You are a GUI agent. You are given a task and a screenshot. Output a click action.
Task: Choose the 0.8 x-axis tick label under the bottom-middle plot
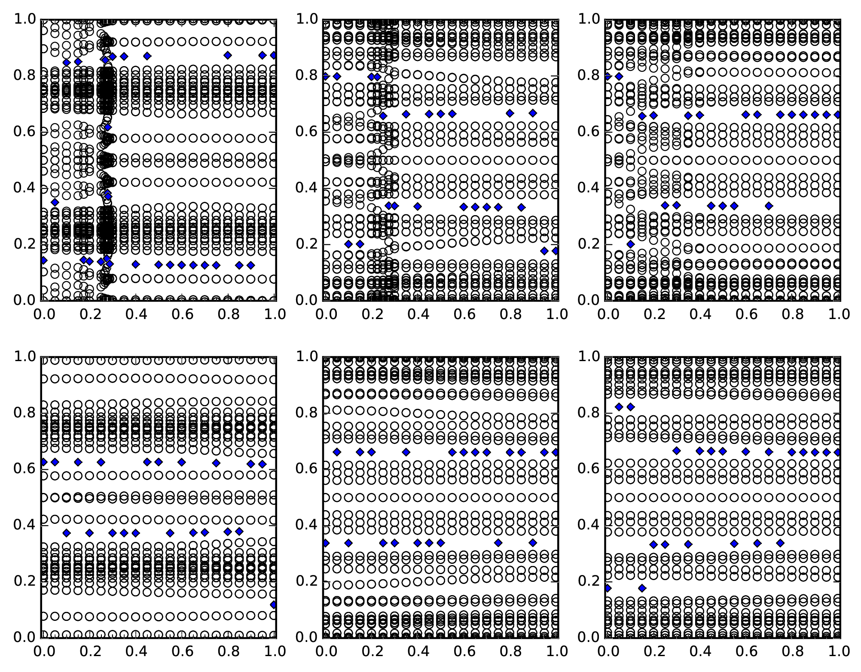[510, 651]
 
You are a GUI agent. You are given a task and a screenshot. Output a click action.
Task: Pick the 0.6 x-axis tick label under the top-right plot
[699, 314]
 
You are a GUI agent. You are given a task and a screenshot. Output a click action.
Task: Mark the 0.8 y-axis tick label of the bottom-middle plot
[306, 413]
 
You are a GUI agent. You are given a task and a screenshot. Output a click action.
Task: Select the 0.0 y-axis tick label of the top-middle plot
[306, 300]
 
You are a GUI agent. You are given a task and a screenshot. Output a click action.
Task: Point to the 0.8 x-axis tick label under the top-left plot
[228, 314]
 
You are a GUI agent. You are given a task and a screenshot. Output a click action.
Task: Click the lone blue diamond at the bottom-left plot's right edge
[274, 605]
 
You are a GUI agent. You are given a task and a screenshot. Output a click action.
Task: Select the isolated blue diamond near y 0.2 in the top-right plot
[631, 244]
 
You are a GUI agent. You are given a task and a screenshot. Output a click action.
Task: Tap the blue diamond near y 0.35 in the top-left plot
[55, 202]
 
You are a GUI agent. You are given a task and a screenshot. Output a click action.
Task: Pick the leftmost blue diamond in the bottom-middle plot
[325, 543]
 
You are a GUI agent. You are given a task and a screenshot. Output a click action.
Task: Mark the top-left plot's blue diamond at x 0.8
[228, 55]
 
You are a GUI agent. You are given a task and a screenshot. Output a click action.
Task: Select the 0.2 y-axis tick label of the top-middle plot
[306, 244]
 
